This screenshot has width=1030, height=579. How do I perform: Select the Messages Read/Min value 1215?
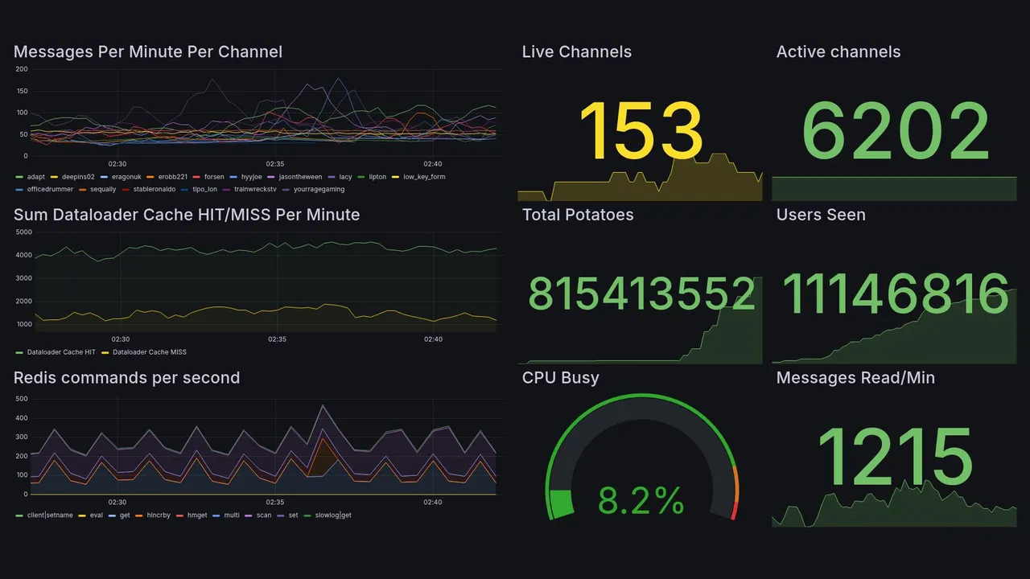(895, 457)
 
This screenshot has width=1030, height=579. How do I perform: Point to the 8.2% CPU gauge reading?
(641, 501)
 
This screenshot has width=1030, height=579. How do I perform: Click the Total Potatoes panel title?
(577, 215)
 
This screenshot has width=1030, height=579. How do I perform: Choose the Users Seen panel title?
(821, 215)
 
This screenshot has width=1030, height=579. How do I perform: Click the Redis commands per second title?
(126, 378)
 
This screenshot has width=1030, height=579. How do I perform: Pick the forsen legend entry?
(213, 177)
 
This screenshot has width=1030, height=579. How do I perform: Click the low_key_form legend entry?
(423, 177)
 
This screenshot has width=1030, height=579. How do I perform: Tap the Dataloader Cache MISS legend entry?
(149, 352)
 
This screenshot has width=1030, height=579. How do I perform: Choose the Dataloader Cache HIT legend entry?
(60, 352)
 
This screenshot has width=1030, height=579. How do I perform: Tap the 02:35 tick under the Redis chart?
(275, 503)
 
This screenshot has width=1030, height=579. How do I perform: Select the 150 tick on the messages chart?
(21, 91)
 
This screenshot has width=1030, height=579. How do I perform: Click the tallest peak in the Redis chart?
(323, 405)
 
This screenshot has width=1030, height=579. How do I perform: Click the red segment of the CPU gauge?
(733, 512)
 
